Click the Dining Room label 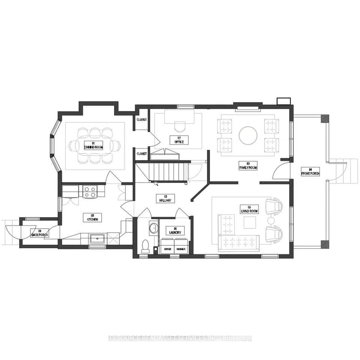[93, 145]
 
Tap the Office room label [179, 140]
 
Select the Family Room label [248, 165]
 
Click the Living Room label [249, 209]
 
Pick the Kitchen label [92, 217]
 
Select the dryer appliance [167, 249]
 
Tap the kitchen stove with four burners [90, 192]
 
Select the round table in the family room [248, 135]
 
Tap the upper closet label [142, 120]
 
